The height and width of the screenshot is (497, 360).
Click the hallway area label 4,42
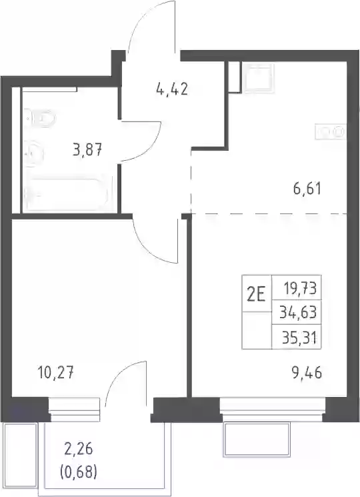pyautogui.click(x=172, y=89)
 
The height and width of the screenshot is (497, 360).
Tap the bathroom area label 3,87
pyautogui.click(x=87, y=149)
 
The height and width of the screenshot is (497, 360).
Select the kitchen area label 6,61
pyautogui.click(x=307, y=189)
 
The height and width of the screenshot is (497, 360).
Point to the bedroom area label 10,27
pyautogui.click(x=55, y=372)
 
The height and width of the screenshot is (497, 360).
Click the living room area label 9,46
pyautogui.click(x=307, y=372)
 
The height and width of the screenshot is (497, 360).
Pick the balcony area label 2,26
pyautogui.click(x=78, y=449)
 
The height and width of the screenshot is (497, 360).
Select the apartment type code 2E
pyautogui.click(x=257, y=294)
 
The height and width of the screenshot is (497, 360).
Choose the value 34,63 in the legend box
pyautogui.click(x=298, y=312)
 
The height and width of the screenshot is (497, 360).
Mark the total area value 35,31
pyautogui.click(x=299, y=338)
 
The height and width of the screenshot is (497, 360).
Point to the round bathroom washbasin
pyautogui.click(x=33, y=153)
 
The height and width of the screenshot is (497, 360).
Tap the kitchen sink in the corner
pyautogui.click(x=257, y=77)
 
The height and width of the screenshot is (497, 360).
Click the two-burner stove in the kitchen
pyautogui.click(x=330, y=131)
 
